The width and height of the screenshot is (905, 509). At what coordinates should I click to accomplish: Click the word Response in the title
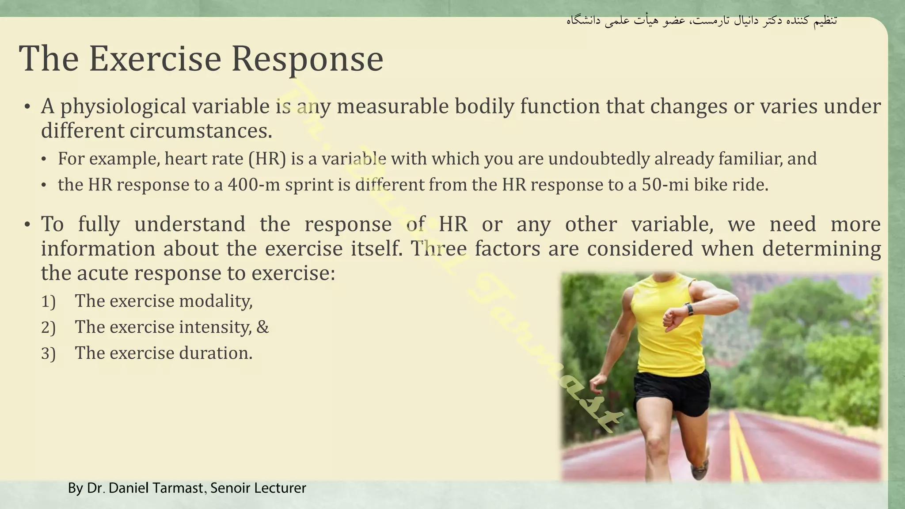click(307, 59)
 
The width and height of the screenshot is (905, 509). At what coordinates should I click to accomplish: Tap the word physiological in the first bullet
click(123, 106)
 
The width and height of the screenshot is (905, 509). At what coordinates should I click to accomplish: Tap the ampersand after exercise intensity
click(262, 327)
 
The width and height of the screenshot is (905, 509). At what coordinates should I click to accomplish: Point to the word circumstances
click(201, 131)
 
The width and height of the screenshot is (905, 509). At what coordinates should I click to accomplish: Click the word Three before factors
click(438, 249)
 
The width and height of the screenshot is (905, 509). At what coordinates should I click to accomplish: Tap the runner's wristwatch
click(689, 309)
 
